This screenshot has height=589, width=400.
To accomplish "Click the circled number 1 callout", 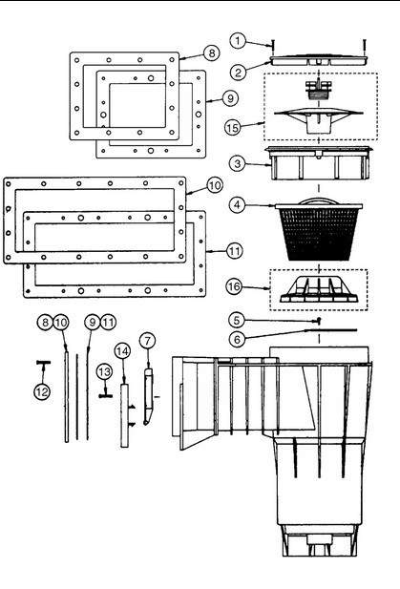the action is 238,40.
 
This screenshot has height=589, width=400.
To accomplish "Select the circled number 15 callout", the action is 232,127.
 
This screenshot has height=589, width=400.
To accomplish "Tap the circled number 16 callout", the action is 234,286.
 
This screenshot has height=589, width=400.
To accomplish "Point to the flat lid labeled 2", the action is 319,60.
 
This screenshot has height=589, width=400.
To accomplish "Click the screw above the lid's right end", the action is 365,47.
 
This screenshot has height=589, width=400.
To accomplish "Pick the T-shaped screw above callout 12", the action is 44,362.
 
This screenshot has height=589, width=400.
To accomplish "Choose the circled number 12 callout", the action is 42,391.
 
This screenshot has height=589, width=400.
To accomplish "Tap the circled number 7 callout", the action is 147,341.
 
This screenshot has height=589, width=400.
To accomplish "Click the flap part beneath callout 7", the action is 148,396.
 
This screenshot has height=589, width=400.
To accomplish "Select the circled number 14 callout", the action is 122,351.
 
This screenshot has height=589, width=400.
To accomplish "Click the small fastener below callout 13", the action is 106,395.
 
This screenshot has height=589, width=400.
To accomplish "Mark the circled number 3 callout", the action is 238,163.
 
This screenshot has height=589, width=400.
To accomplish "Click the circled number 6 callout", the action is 237,339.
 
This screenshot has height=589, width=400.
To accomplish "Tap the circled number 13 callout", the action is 104,372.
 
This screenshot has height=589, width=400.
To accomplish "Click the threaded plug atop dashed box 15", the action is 318,90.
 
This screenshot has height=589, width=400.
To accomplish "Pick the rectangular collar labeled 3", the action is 318,163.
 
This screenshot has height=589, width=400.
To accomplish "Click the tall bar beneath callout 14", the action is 124,415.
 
